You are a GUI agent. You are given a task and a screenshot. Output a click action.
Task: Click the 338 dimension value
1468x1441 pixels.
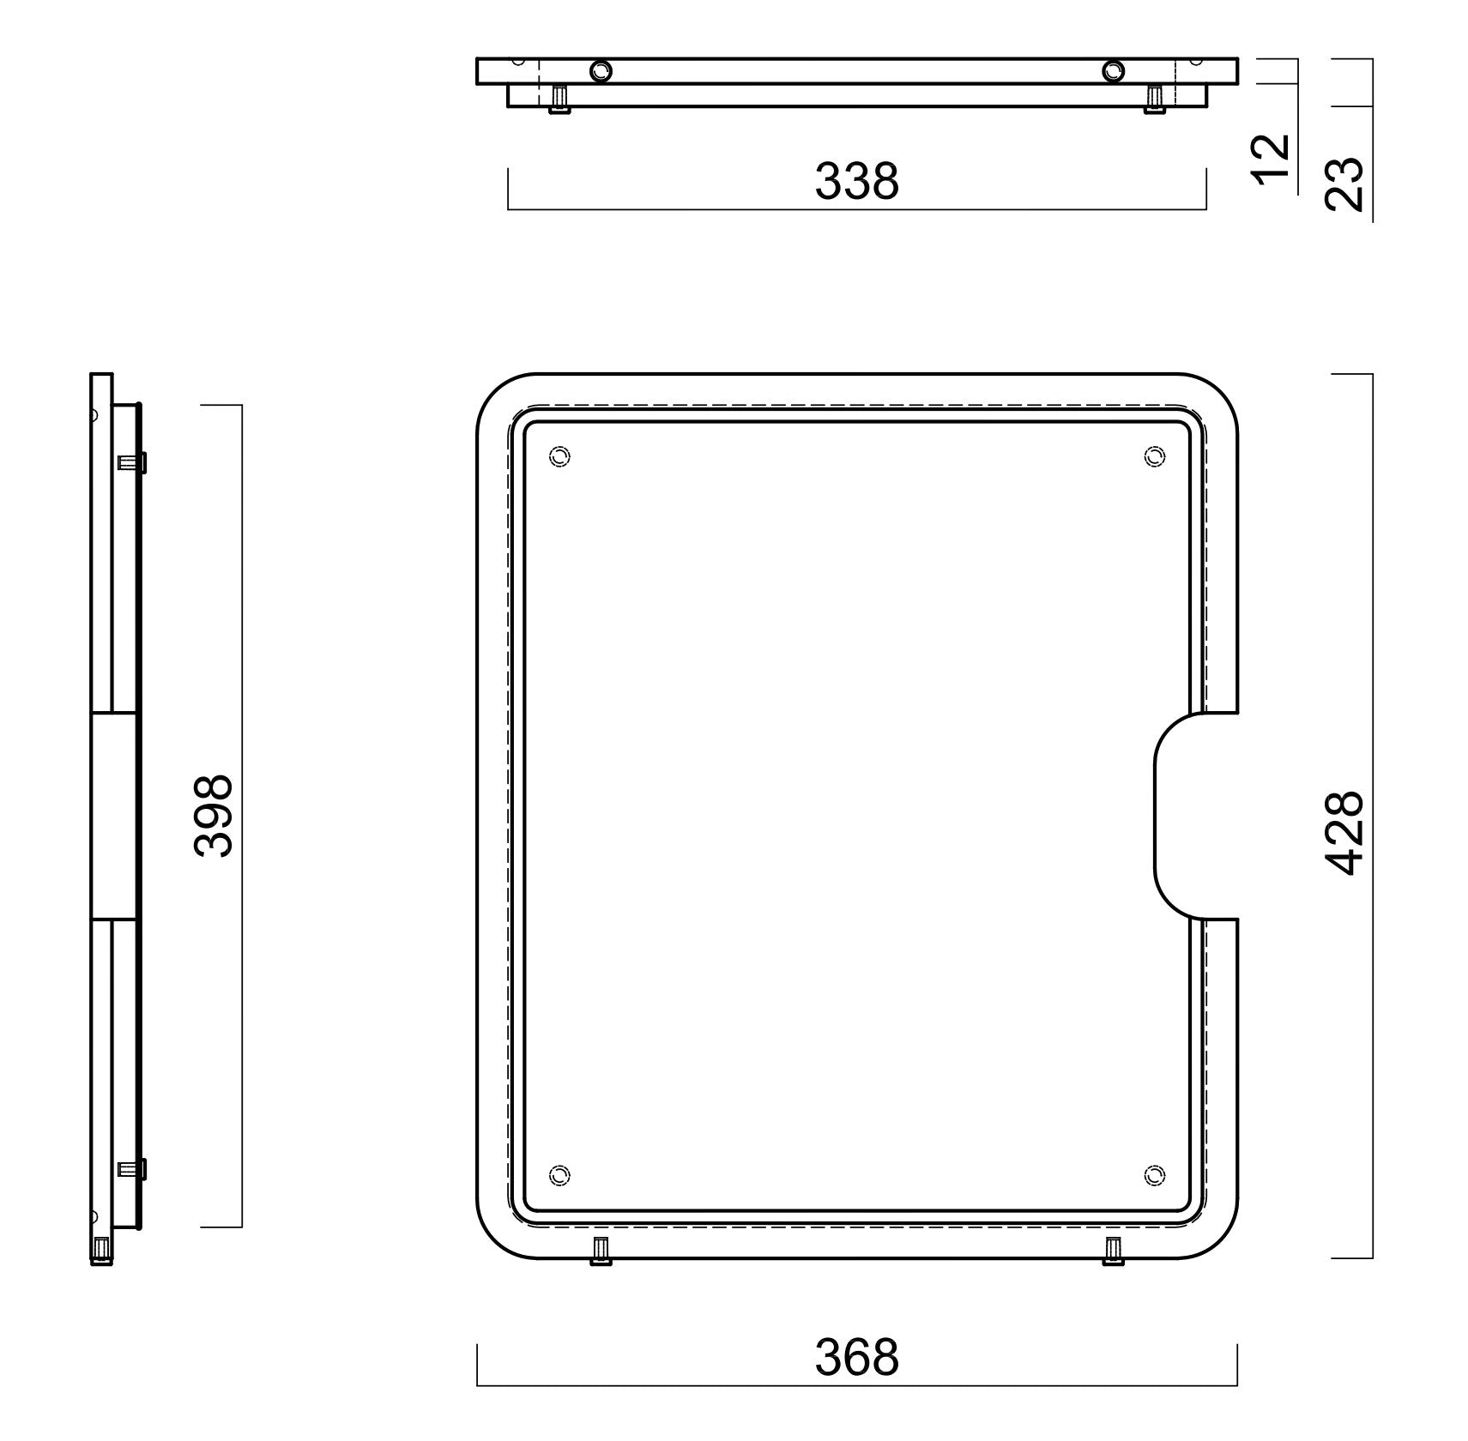point(856,181)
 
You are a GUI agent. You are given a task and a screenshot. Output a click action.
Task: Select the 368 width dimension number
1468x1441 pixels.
point(856,1357)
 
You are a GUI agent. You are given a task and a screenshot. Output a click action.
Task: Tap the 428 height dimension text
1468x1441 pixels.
point(1344,832)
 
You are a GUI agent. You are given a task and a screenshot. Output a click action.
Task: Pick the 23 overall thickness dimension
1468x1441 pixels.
point(1344,183)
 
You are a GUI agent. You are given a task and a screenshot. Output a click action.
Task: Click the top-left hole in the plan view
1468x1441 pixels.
point(559,457)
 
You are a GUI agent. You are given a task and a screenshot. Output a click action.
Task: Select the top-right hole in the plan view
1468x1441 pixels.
point(1155,457)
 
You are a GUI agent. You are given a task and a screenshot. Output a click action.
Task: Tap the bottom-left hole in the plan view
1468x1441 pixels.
point(559,1174)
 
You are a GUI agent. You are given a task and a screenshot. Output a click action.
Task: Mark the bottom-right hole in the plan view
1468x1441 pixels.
point(1155,1174)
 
